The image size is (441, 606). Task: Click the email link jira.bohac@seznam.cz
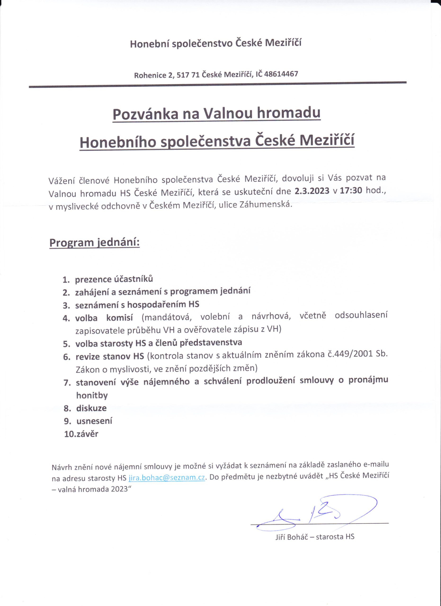coord(167,477)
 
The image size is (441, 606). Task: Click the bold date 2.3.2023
coord(312,191)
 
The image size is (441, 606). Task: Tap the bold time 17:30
coord(351,191)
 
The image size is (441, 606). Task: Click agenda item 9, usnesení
coord(94,421)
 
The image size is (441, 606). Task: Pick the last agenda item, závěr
coord(87,434)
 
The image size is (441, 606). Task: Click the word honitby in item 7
coord(92,395)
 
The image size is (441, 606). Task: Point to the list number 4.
coord(66,318)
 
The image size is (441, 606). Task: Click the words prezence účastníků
coord(114,279)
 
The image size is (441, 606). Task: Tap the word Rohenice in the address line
coord(150,75)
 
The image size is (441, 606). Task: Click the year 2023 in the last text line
coord(118,489)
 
